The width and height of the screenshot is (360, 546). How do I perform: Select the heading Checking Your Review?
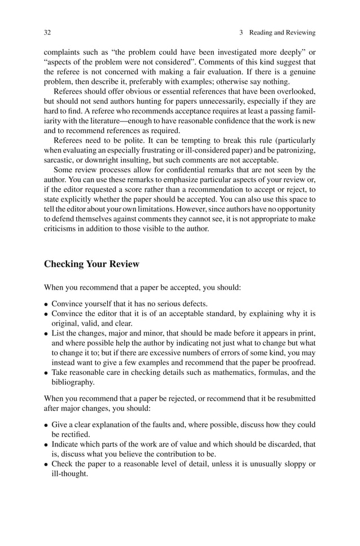[x=91, y=264]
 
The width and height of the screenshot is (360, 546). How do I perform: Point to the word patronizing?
[x=293, y=150]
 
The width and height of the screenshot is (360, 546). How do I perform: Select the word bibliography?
[x=74, y=382]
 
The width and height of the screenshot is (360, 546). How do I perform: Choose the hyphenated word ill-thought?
[x=69, y=474]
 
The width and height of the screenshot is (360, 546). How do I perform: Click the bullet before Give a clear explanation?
[x=46, y=425]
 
